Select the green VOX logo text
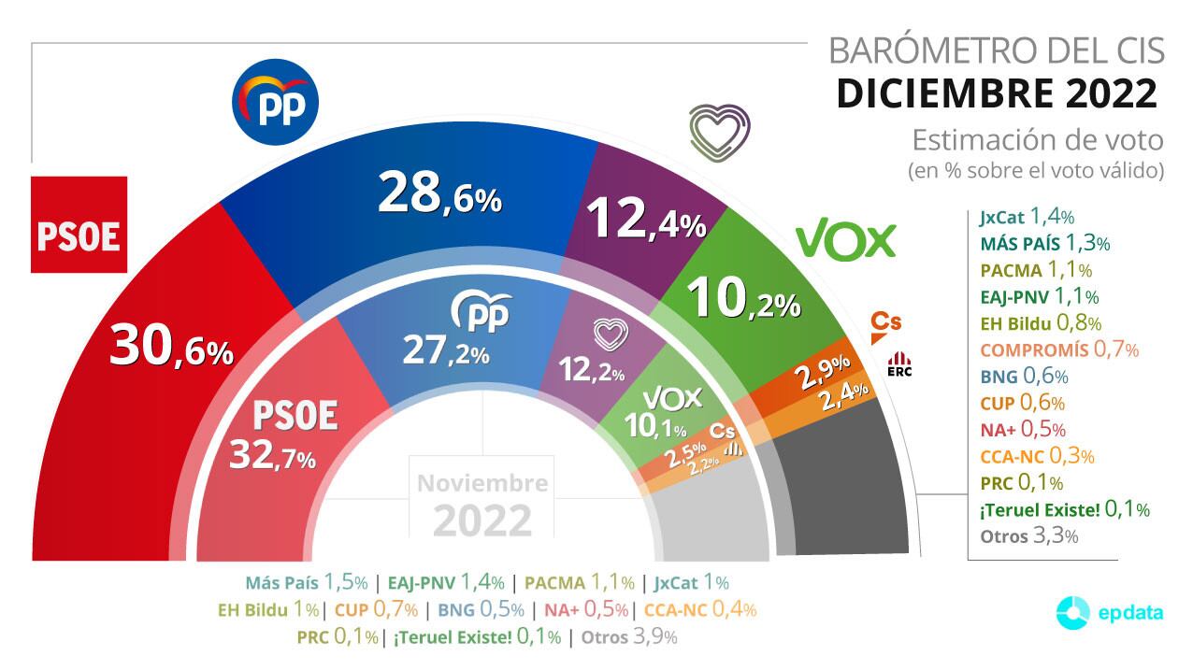tap(845, 241)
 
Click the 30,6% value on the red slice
tap(171, 347)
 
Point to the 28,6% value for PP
tap(439, 194)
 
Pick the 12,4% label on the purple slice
tap(644, 221)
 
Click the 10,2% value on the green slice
tap(743, 299)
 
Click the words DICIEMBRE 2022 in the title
tap(996, 93)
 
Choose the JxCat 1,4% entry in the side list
tap(1027, 218)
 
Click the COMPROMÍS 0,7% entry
tap(1058, 350)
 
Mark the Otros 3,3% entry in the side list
tap(1029, 536)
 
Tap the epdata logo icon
tap(1072, 613)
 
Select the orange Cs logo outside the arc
tap(885, 322)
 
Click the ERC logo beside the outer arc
tap(899, 364)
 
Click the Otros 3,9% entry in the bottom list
tap(629, 637)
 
